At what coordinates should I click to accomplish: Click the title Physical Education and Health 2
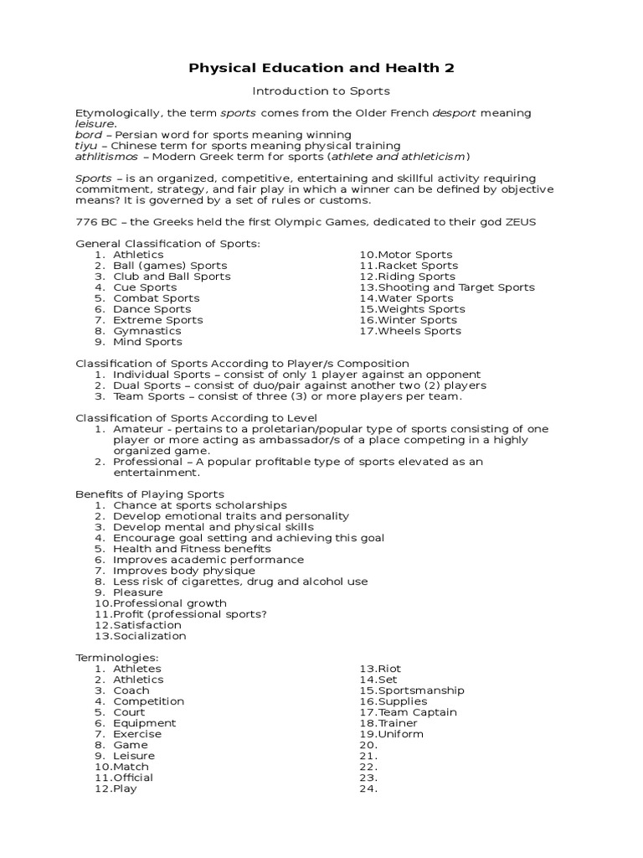click(x=321, y=68)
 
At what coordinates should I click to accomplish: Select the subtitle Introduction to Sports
click(x=321, y=91)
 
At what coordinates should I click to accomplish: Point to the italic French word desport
click(x=452, y=113)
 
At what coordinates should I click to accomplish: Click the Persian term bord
click(x=89, y=135)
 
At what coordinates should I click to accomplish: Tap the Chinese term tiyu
click(x=87, y=146)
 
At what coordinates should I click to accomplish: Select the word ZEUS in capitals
click(x=518, y=222)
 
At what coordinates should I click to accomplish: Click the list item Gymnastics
click(x=147, y=331)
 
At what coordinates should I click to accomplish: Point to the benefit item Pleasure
click(x=138, y=592)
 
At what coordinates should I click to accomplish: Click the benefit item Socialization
click(x=150, y=636)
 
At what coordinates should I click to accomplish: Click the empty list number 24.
click(x=368, y=788)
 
